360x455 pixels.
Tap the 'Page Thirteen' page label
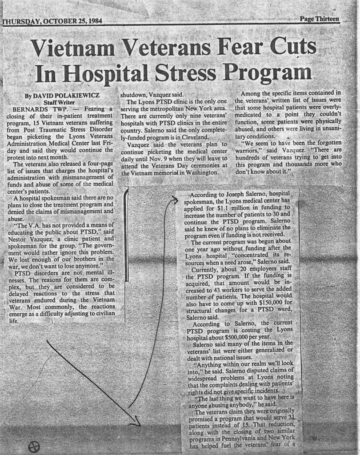coord(319,19)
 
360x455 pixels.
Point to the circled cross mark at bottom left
coord(33,447)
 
